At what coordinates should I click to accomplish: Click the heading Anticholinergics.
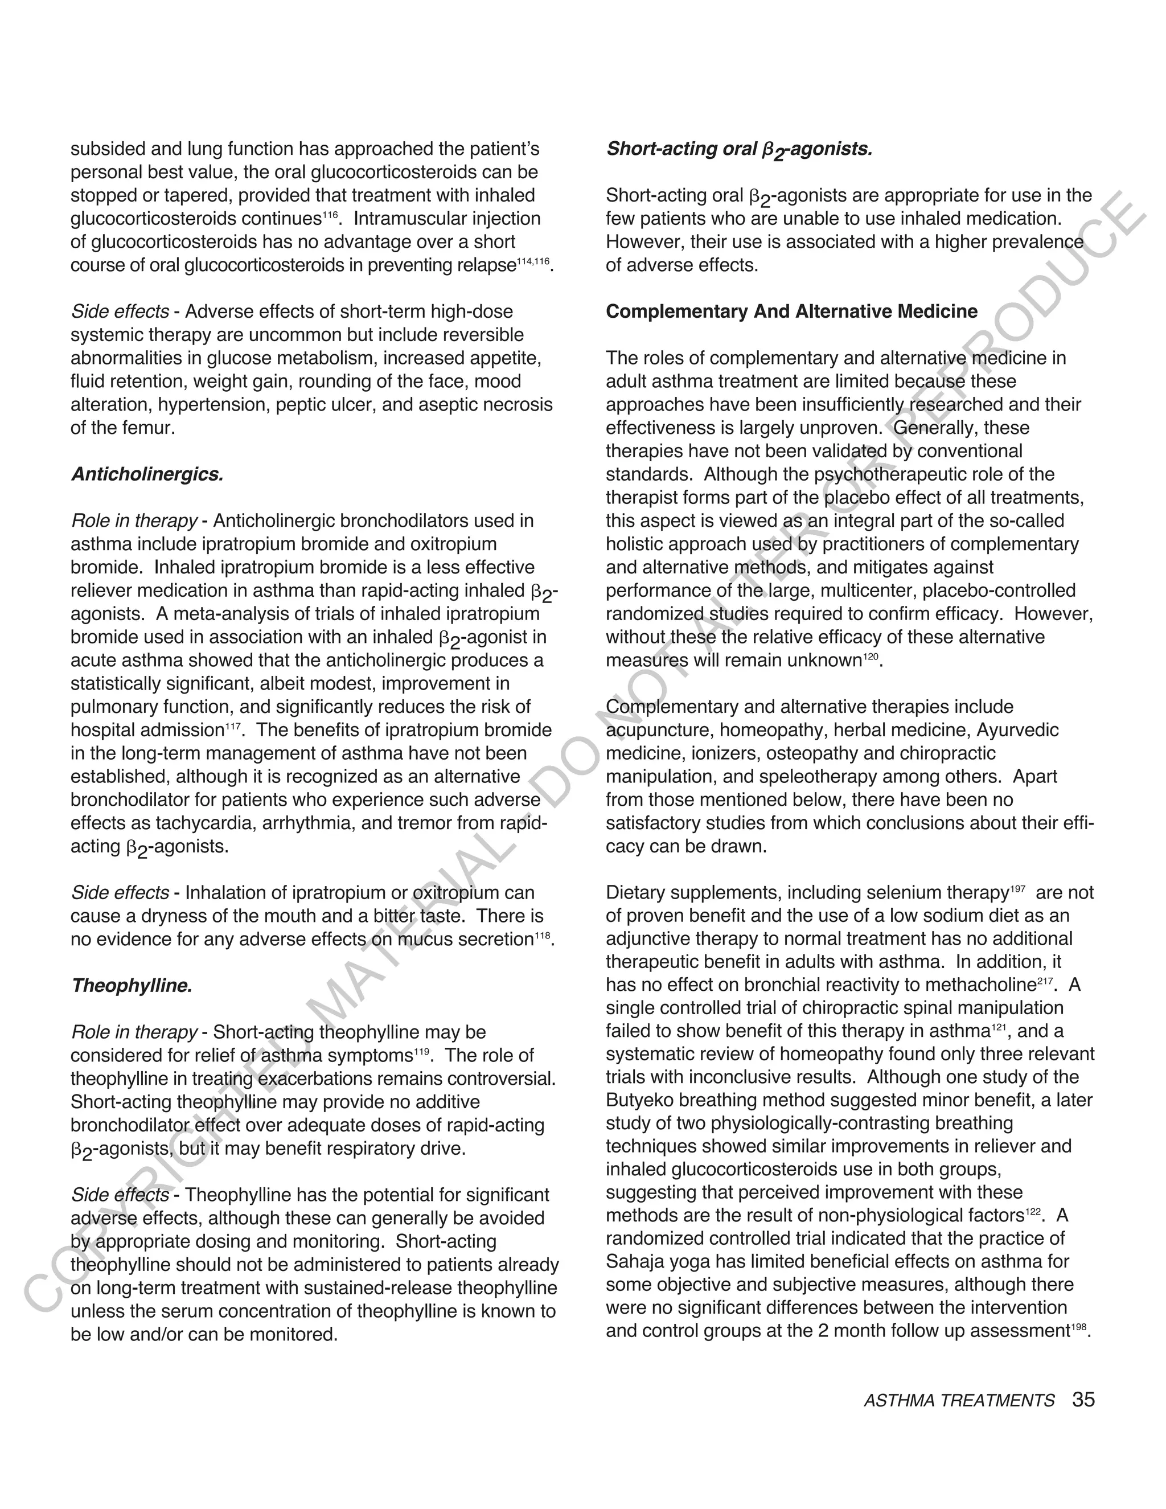[x=147, y=475]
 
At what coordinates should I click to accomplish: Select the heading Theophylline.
[x=132, y=986]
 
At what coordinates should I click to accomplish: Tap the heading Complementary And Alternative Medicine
[x=791, y=311]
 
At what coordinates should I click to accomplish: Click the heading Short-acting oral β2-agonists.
[x=739, y=149]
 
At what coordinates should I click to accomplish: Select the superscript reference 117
[x=233, y=726]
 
